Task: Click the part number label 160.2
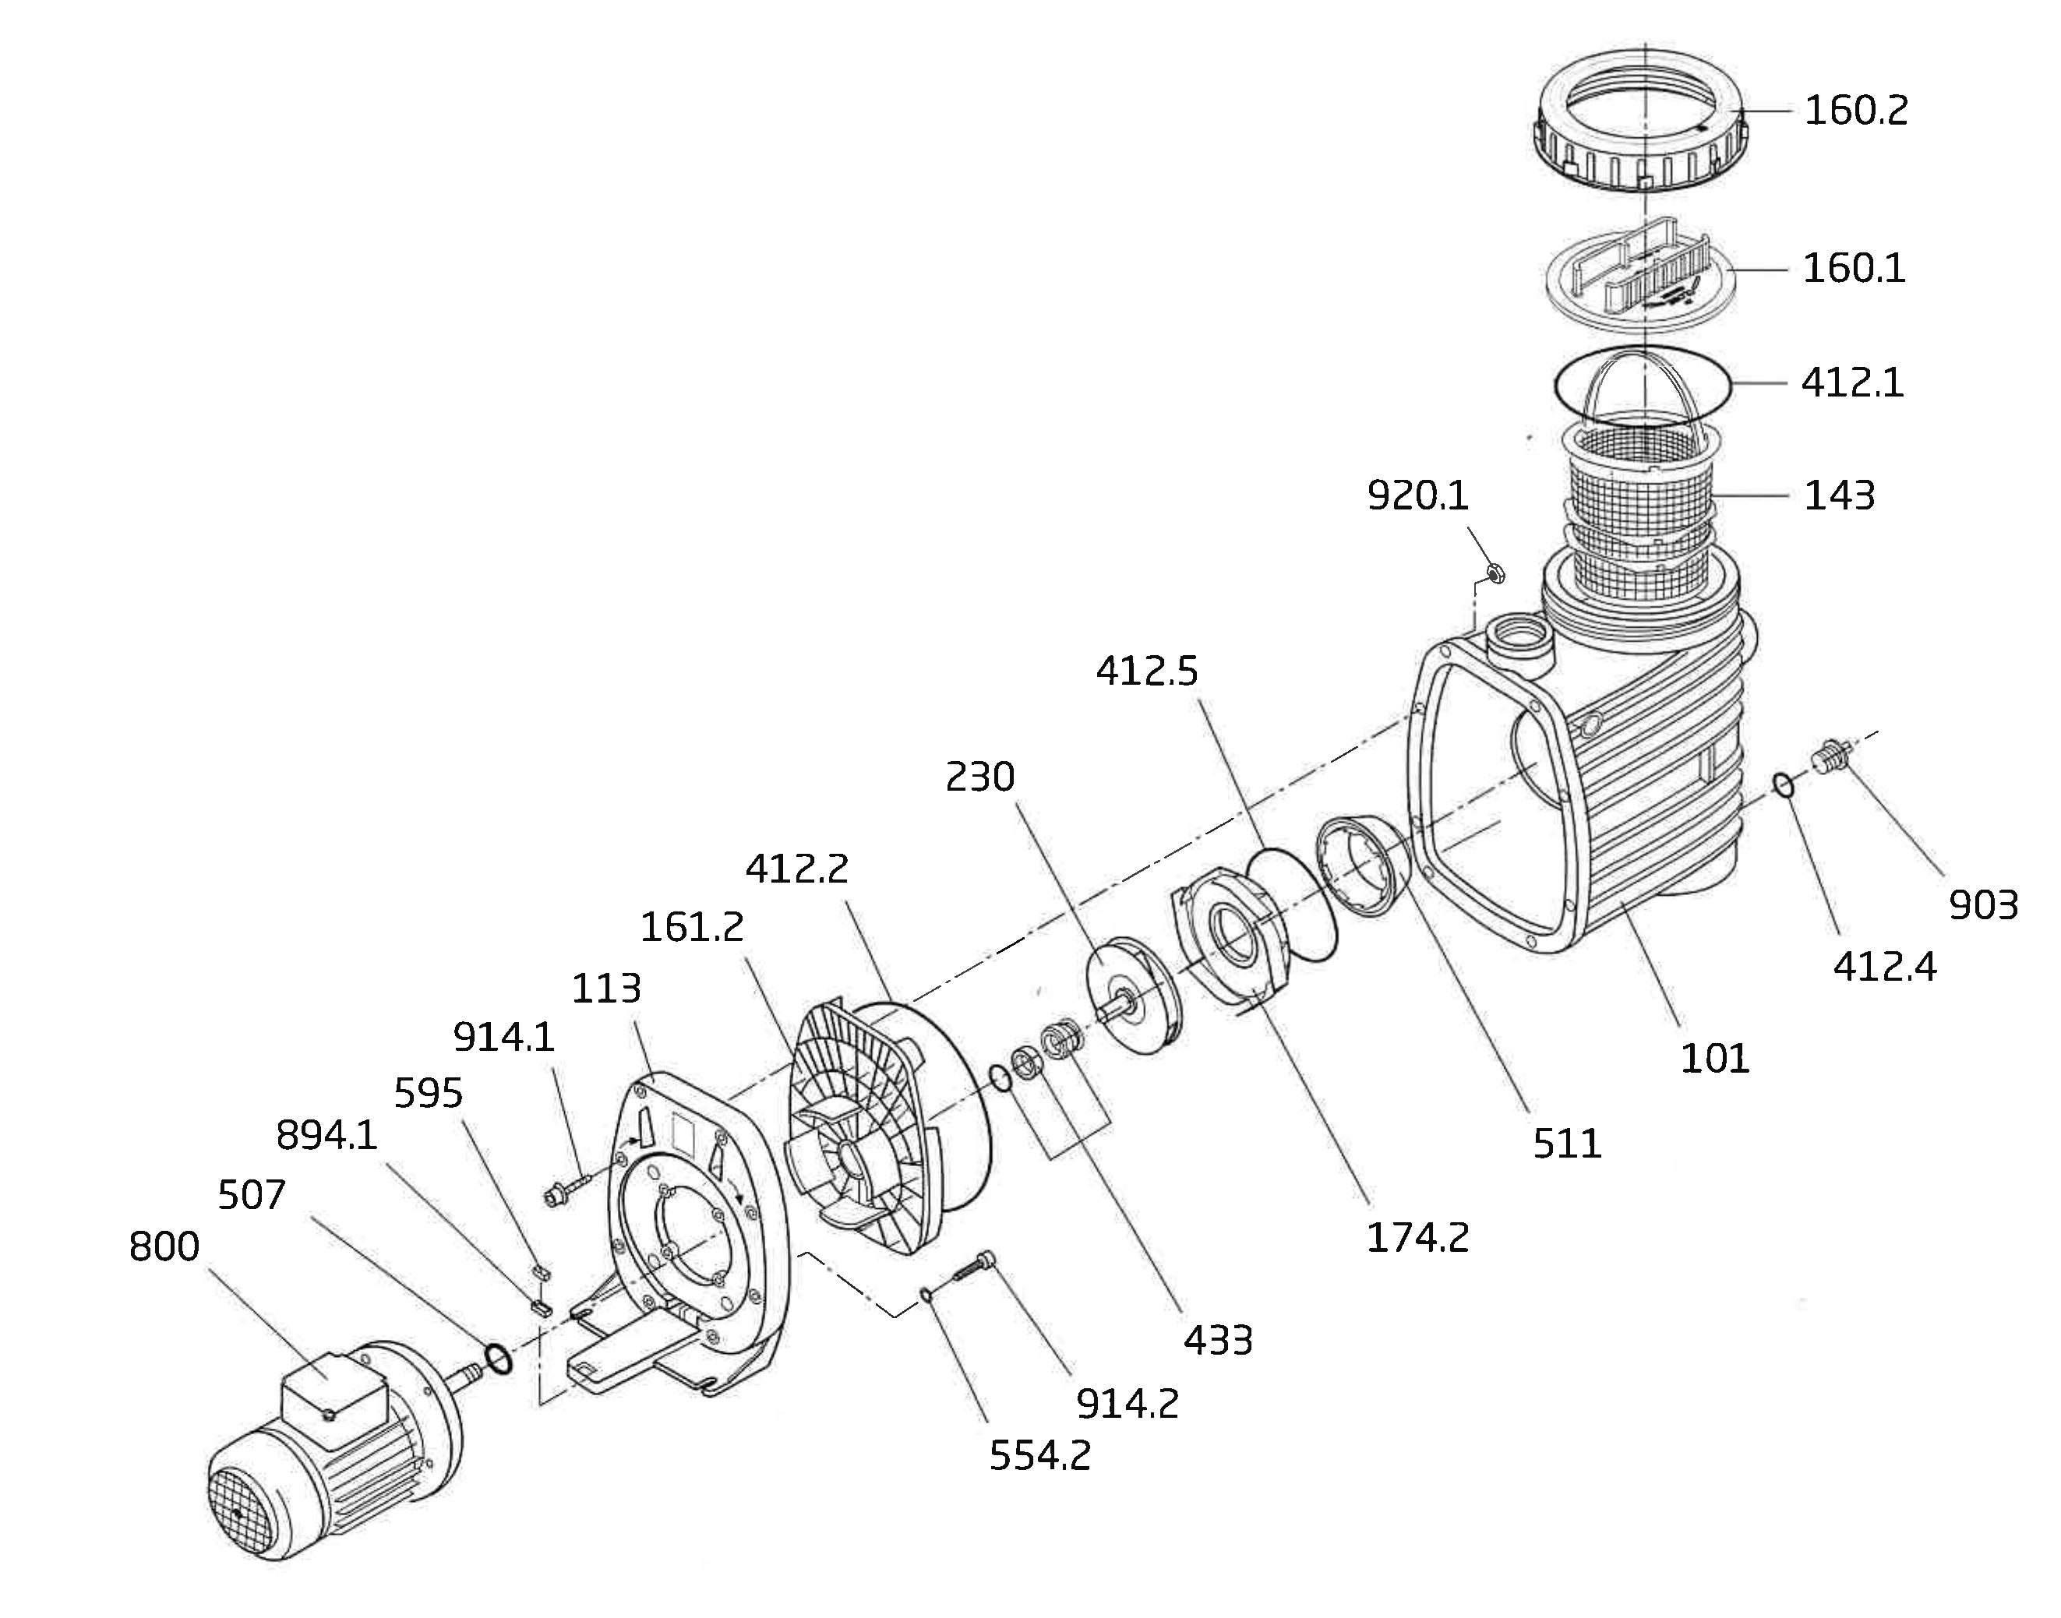pyautogui.click(x=1855, y=111)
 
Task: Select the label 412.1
pyautogui.click(x=1852, y=383)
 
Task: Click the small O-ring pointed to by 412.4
pyautogui.click(x=1782, y=785)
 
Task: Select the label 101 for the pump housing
pyautogui.click(x=1714, y=1058)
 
